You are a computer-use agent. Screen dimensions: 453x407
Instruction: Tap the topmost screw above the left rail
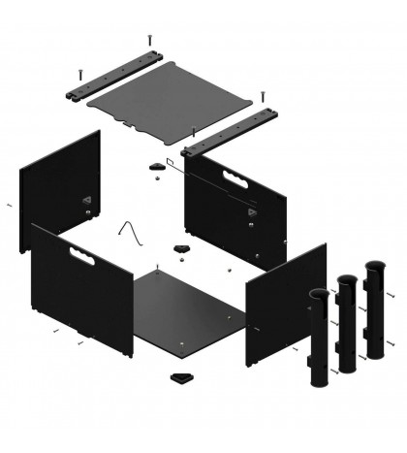click(150, 41)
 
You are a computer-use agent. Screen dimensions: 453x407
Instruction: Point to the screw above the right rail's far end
click(262, 96)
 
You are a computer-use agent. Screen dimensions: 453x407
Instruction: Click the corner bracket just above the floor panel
click(181, 252)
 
